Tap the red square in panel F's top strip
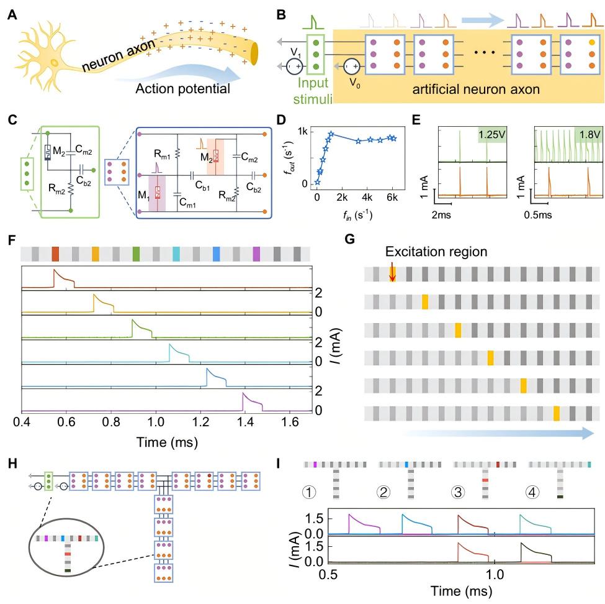coord(55,254)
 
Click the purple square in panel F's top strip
coord(257,254)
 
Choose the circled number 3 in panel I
coord(459,491)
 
